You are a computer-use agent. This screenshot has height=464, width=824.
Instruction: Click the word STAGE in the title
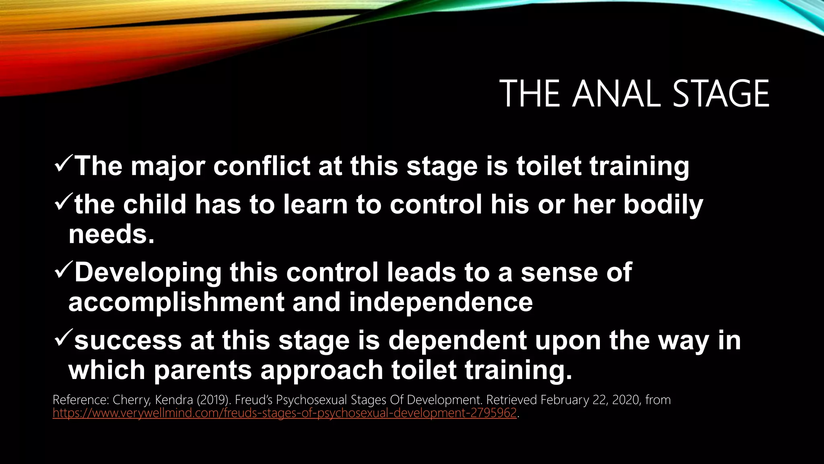[721, 94]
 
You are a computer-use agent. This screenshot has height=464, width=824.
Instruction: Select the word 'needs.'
[111, 234]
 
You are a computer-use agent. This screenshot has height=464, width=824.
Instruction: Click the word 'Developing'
[148, 273]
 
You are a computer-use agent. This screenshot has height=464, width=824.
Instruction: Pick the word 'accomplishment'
[176, 302]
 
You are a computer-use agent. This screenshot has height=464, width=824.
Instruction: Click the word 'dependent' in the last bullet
[457, 341]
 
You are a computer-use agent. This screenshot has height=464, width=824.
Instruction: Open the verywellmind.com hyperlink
[284, 413]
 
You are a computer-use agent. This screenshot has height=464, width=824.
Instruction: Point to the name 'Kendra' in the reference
[174, 400]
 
